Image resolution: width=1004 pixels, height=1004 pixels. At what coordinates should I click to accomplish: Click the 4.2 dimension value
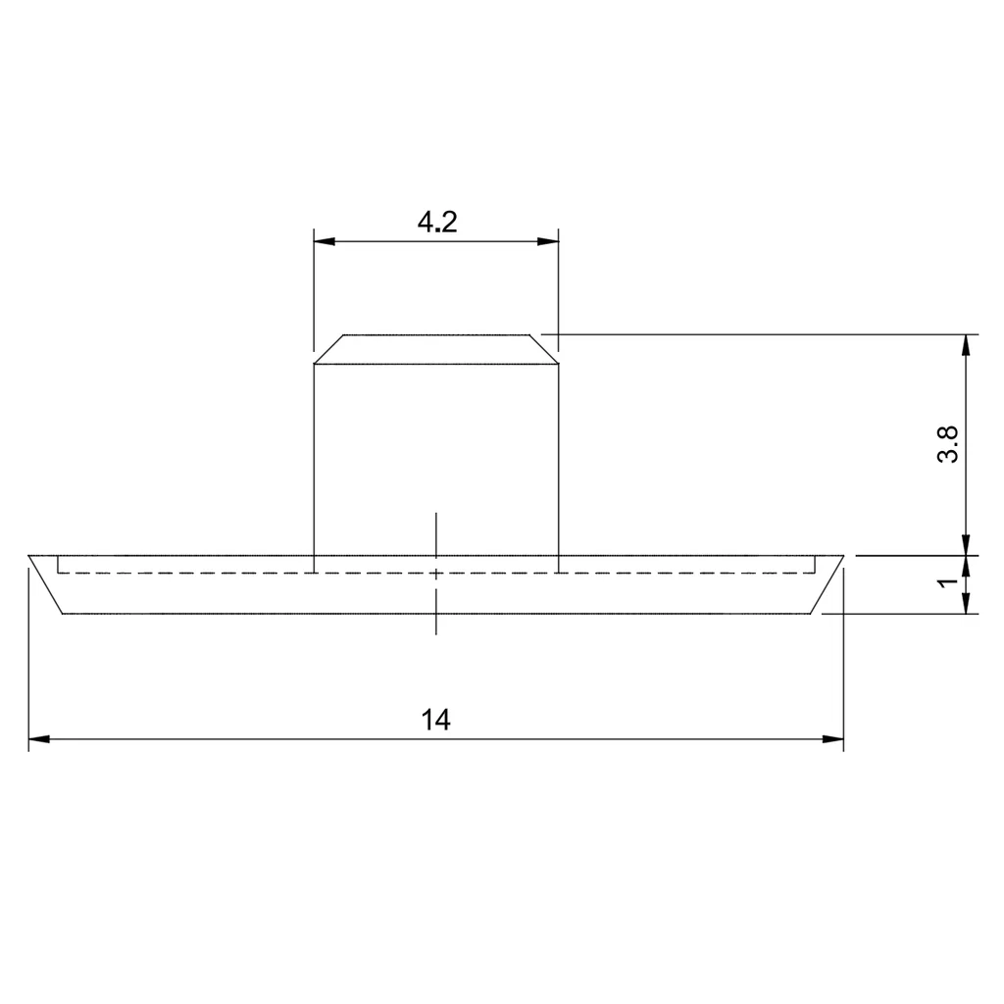click(437, 223)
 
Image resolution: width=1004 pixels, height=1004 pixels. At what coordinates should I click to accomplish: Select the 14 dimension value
click(435, 720)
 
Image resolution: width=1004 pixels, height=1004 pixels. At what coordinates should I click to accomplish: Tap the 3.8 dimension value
click(948, 444)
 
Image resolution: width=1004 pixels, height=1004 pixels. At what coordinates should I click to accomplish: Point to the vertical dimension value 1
click(948, 581)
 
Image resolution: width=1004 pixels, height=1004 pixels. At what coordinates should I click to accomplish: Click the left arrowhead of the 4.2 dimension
click(325, 241)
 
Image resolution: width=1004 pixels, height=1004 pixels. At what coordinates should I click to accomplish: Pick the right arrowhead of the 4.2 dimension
click(548, 241)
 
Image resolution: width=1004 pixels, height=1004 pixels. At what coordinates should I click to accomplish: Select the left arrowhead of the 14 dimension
click(39, 739)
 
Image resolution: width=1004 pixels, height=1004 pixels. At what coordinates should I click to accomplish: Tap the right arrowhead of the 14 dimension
click(832, 739)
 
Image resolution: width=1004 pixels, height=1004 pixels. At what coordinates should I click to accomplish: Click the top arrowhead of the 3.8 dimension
click(966, 346)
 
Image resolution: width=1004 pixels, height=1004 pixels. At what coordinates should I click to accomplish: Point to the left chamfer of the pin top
click(329, 349)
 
